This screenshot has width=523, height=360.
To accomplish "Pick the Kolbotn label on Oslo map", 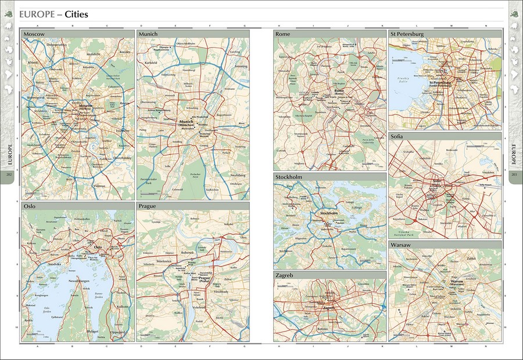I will [124, 307].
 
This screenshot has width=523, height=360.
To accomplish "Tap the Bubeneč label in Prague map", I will [187, 253].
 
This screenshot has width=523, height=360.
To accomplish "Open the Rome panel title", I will [282, 34].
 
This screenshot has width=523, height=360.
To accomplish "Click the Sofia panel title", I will [399, 136].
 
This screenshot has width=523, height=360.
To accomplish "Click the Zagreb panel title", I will [285, 275].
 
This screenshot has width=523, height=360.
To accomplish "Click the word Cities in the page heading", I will [76, 13].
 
